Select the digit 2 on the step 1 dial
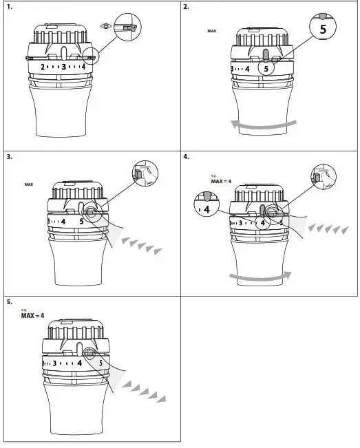[x=43, y=67]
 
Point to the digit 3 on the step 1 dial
[x=63, y=67]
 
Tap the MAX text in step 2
[x=211, y=31]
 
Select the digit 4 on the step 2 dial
[x=246, y=69]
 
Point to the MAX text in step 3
[x=29, y=184]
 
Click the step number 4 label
[x=187, y=156]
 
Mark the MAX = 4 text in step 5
[x=32, y=316]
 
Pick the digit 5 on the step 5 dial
[x=100, y=363]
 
